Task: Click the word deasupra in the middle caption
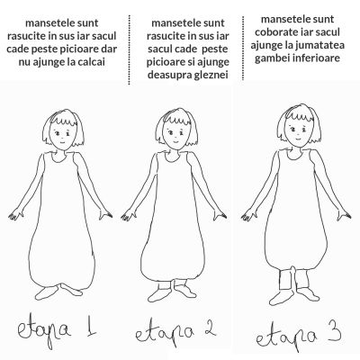coord(166,75)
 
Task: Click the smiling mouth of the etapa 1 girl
coord(62,141)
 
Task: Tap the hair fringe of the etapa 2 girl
coord(177,121)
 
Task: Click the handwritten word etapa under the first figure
coord(44,330)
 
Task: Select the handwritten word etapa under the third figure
coord(285,338)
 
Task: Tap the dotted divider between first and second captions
coord(130,49)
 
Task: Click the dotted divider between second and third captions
coord(243,48)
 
